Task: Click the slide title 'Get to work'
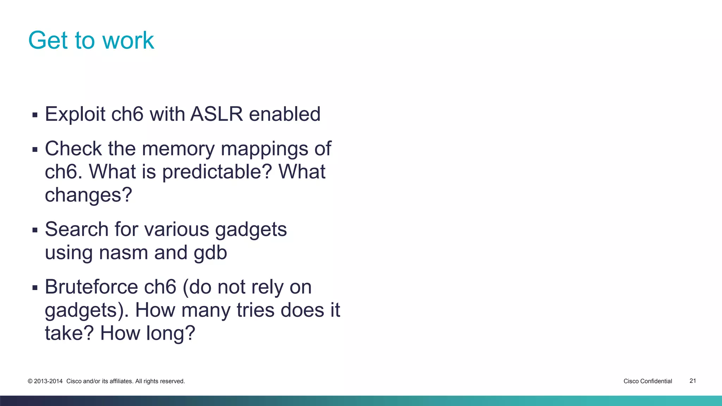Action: click(91, 40)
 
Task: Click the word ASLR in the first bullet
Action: click(216, 114)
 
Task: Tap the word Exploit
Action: click(75, 114)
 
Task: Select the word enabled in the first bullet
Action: click(285, 114)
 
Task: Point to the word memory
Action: click(178, 149)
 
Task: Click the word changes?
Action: click(88, 195)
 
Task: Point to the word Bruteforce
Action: click(91, 287)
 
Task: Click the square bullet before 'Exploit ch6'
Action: click(35, 115)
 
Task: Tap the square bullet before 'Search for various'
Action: click(35, 230)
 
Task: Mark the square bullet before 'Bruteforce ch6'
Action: click(35, 288)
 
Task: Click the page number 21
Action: click(692, 381)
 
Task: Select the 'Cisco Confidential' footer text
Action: click(648, 381)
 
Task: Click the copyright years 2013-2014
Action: click(48, 381)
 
